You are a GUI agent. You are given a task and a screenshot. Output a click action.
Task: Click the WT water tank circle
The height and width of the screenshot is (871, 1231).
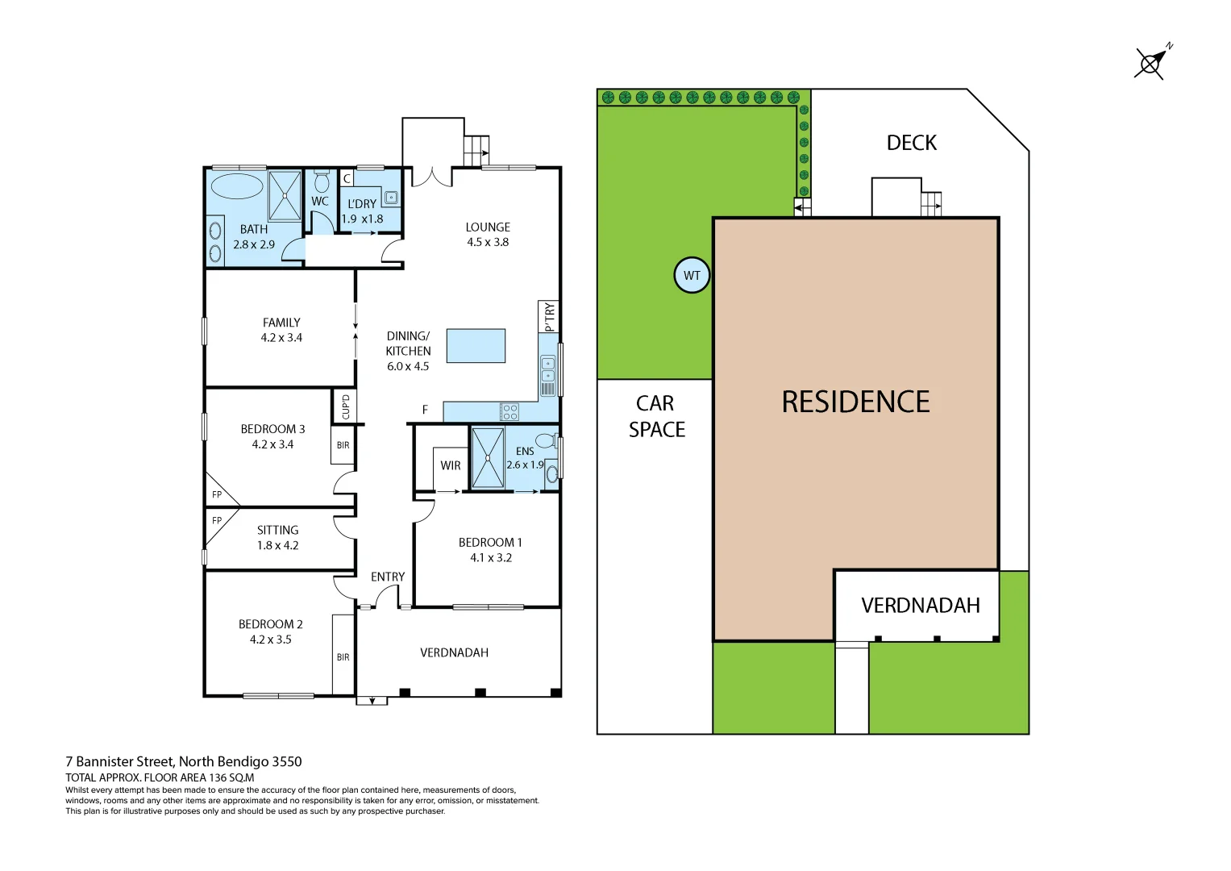(692, 275)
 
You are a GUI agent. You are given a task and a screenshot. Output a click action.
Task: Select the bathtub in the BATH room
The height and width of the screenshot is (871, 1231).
(237, 186)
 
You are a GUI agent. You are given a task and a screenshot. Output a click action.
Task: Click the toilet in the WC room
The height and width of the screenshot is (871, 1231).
(322, 181)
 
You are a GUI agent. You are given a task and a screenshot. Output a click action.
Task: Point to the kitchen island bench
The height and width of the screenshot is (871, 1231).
(476, 345)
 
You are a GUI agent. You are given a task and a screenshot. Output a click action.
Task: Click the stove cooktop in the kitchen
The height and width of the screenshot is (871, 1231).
(509, 412)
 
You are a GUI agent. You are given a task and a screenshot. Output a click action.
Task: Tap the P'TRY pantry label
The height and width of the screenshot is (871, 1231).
(549, 316)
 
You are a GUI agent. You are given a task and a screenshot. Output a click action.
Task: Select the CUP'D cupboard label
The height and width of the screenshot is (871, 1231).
(345, 406)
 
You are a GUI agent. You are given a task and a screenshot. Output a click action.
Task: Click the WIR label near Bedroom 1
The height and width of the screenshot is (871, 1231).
(451, 465)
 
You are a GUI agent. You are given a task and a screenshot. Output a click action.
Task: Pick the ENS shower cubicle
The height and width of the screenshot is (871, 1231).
(488, 458)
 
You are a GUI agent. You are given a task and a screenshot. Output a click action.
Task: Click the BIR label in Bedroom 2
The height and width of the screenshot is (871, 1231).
(343, 657)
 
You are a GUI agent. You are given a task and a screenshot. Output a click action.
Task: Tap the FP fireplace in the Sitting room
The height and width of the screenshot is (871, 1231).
(217, 520)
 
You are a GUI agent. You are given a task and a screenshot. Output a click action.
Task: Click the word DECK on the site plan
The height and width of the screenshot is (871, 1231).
(912, 143)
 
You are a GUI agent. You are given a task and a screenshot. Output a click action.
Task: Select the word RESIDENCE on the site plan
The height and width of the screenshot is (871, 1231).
(855, 402)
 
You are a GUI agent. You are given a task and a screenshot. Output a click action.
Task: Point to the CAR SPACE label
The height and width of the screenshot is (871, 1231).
(656, 416)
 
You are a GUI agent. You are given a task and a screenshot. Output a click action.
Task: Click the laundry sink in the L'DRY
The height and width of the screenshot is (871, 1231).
(391, 197)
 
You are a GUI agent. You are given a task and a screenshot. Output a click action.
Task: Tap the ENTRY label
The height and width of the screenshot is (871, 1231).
(388, 577)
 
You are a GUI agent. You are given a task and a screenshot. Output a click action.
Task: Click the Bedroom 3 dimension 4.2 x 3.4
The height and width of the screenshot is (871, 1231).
(272, 444)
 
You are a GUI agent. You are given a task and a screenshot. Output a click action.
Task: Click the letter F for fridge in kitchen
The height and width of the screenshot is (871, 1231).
(425, 410)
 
